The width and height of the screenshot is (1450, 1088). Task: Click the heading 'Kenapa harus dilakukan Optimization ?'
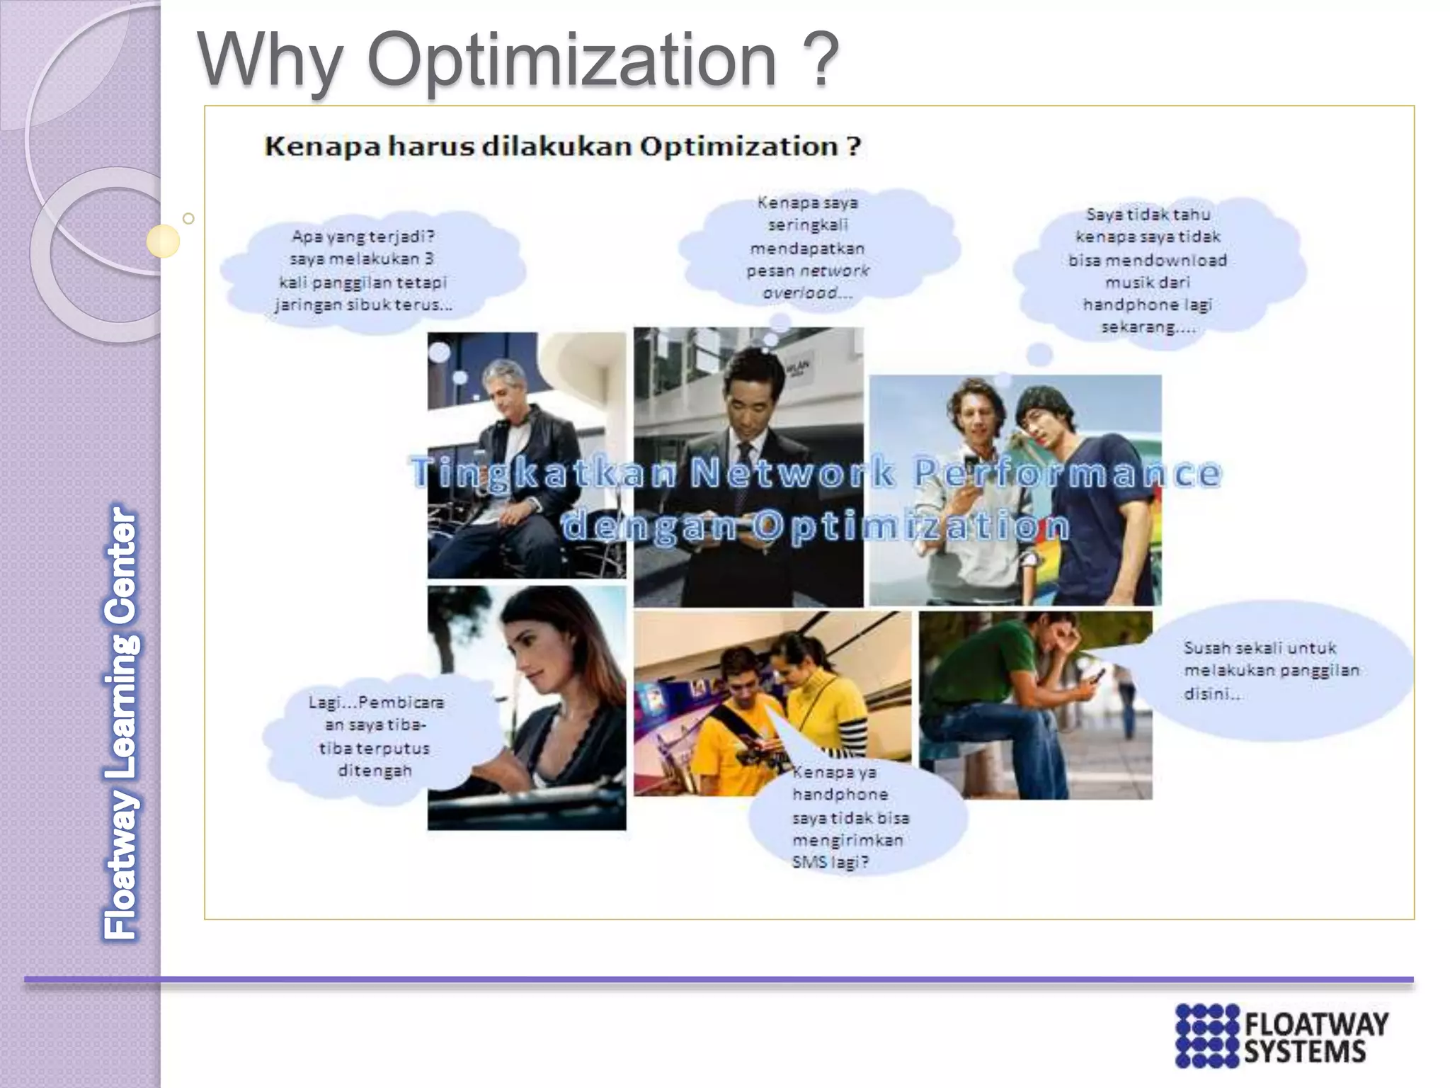click(x=563, y=147)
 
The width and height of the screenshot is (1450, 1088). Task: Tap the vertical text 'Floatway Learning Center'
click(x=121, y=722)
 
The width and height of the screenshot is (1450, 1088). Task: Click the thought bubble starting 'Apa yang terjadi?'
click(x=364, y=271)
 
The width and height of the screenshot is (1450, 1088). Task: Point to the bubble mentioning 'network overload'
click(x=808, y=248)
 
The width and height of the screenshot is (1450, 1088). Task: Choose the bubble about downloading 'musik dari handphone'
click(x=1148, y=271)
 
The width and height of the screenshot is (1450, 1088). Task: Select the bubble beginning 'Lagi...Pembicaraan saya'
click(x=375, y=737)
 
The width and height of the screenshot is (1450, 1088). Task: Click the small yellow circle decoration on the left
click(x=163, y=242)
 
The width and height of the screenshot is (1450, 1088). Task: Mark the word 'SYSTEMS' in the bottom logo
click(x=1305, y=1053)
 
